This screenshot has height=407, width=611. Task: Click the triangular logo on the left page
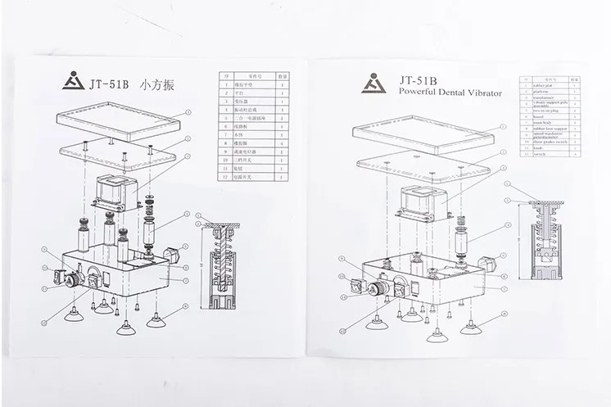coord(75,84)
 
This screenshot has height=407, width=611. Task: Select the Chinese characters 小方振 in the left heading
coord(161,84)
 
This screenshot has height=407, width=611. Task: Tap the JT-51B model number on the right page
coord(419,80)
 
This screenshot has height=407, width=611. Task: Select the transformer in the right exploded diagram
coord(425,201)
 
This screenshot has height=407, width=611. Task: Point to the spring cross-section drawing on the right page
coord(545,245)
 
